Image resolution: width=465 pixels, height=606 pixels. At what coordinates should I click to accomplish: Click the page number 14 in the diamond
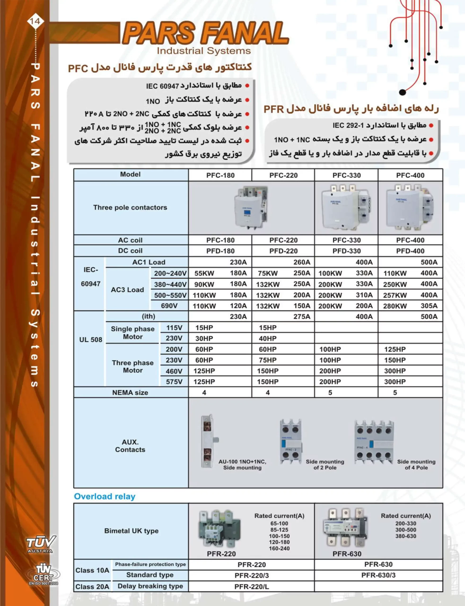coord(35,21)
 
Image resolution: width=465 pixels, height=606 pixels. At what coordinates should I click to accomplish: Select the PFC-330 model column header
coord(346,175)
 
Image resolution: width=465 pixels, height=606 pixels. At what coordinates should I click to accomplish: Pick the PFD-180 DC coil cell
coord(220,251)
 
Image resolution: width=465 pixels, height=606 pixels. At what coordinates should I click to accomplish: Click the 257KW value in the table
coord(395,295)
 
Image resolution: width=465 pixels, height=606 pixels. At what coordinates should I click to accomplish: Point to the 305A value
coord(429,306)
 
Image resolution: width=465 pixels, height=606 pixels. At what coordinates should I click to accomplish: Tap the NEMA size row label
coord(130,392)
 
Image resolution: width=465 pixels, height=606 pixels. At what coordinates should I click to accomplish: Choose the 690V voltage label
coord(169,306)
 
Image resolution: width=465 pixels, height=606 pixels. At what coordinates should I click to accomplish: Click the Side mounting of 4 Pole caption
coord(416,464)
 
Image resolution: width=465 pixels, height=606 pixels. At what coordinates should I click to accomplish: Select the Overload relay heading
coord(105,496)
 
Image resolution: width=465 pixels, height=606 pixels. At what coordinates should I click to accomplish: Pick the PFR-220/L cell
coord(251,586)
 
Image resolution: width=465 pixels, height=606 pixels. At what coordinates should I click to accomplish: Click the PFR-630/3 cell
coord(378,575)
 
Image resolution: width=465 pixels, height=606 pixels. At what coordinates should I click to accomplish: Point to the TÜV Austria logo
coord(41,544)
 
